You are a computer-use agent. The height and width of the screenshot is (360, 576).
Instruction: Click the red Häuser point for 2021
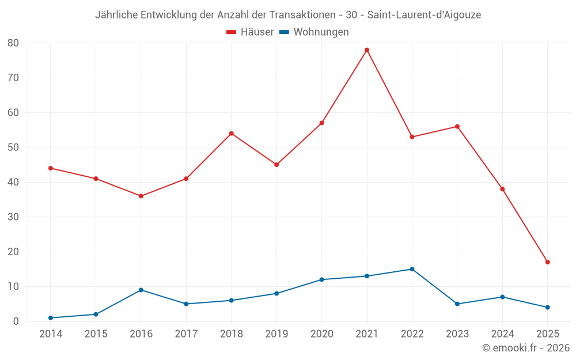(367, 50)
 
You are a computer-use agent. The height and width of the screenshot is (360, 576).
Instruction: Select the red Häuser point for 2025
(547, 262)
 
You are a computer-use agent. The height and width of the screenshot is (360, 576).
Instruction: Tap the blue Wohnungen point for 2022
(412, 269)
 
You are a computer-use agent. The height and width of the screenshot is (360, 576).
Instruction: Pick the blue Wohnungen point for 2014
(51, 318)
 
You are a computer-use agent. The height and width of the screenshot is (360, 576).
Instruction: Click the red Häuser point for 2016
(141, 196)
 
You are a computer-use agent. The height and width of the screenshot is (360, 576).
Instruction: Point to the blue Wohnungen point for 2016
(141, 290)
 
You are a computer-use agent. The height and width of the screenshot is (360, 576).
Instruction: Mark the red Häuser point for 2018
(232, 134)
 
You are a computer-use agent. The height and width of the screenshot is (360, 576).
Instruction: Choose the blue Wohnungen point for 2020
(321, 279)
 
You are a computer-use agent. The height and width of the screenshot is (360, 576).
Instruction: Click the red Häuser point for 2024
(502, 189)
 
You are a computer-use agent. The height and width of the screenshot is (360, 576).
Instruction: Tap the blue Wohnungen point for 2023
(457, 304)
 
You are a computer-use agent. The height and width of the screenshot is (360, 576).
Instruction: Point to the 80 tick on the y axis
(13, 43)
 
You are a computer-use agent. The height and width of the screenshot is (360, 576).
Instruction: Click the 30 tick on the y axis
(13, 217)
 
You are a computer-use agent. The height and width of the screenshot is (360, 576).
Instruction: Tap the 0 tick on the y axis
(16, 321)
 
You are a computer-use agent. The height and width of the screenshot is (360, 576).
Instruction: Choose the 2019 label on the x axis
(276, 334)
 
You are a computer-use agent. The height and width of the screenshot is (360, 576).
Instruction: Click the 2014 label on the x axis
(51, 334)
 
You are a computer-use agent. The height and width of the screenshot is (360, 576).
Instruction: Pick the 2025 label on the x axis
(547, 334)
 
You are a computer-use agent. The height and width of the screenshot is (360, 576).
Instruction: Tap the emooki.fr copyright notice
(526, 348)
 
